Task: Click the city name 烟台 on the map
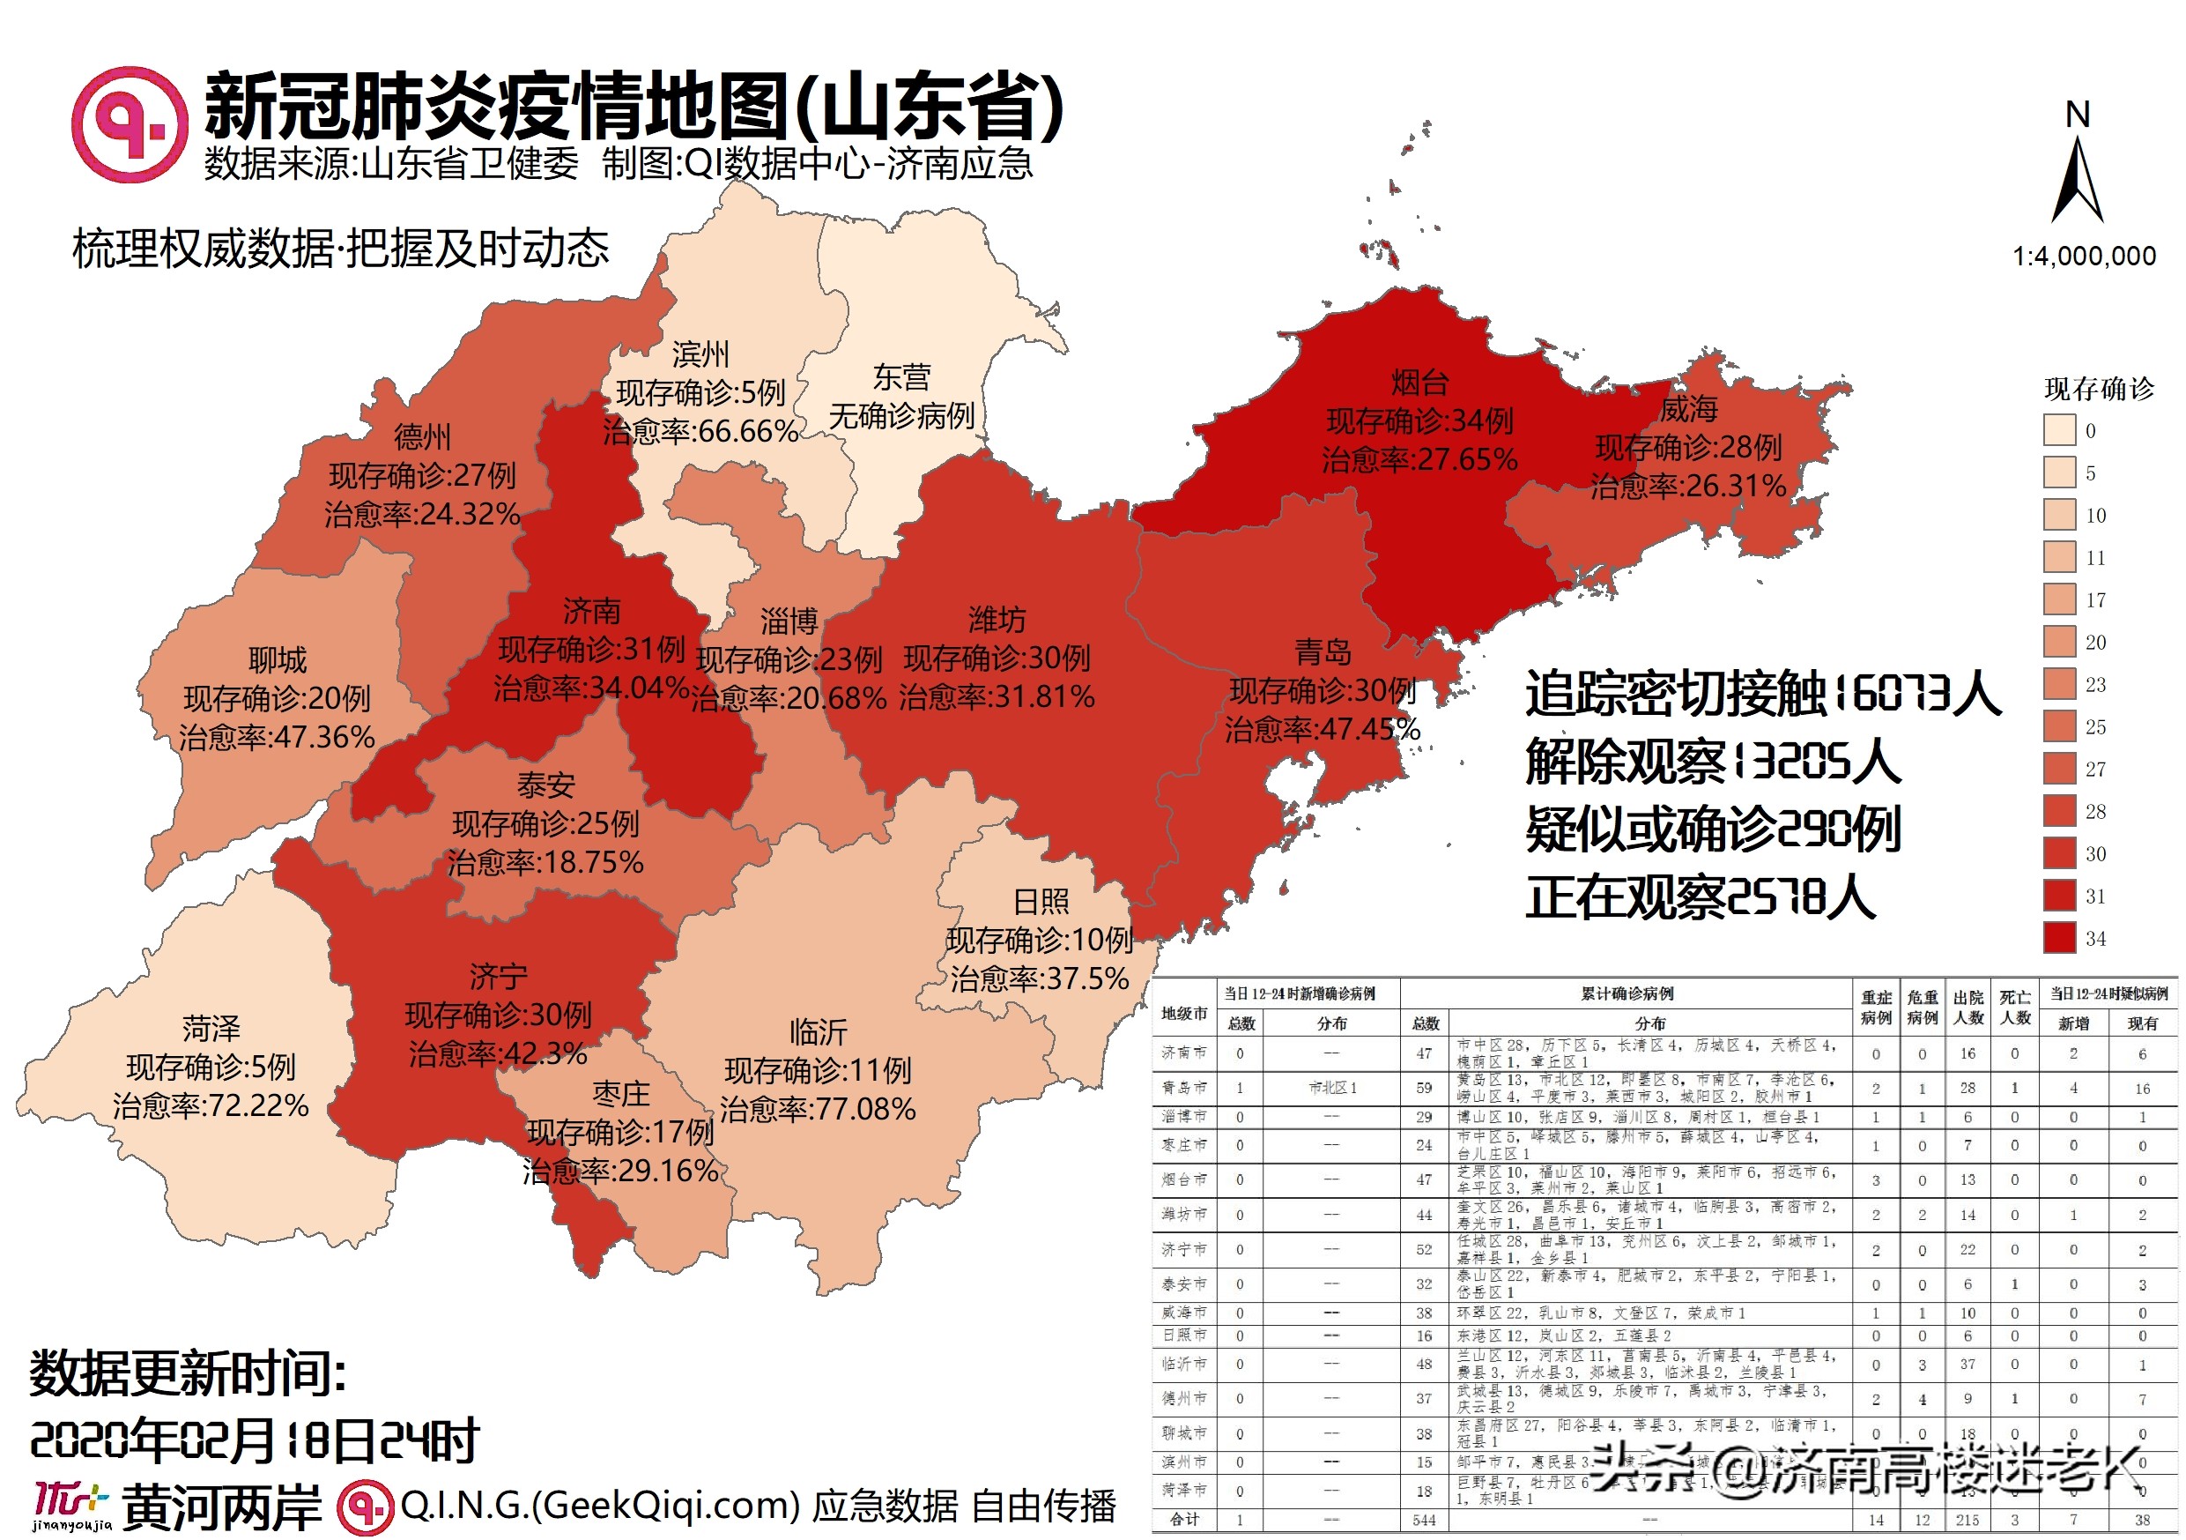coord(1419,383)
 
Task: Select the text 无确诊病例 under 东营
coord(900,416)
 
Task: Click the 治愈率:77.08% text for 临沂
coord(817,1110)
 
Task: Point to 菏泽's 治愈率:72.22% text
coord(211,1105)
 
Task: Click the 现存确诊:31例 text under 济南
coord(591,650)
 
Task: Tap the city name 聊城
coord(277,660)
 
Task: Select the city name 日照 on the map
coord(1040,902)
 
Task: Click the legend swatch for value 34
coord(2059,938)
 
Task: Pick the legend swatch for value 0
coord(2059,430)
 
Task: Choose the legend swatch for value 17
coord(2059,600)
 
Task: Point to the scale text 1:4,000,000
coord(2083,257)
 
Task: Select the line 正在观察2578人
coord(1700,897)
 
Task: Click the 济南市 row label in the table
coord(1183,1053)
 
